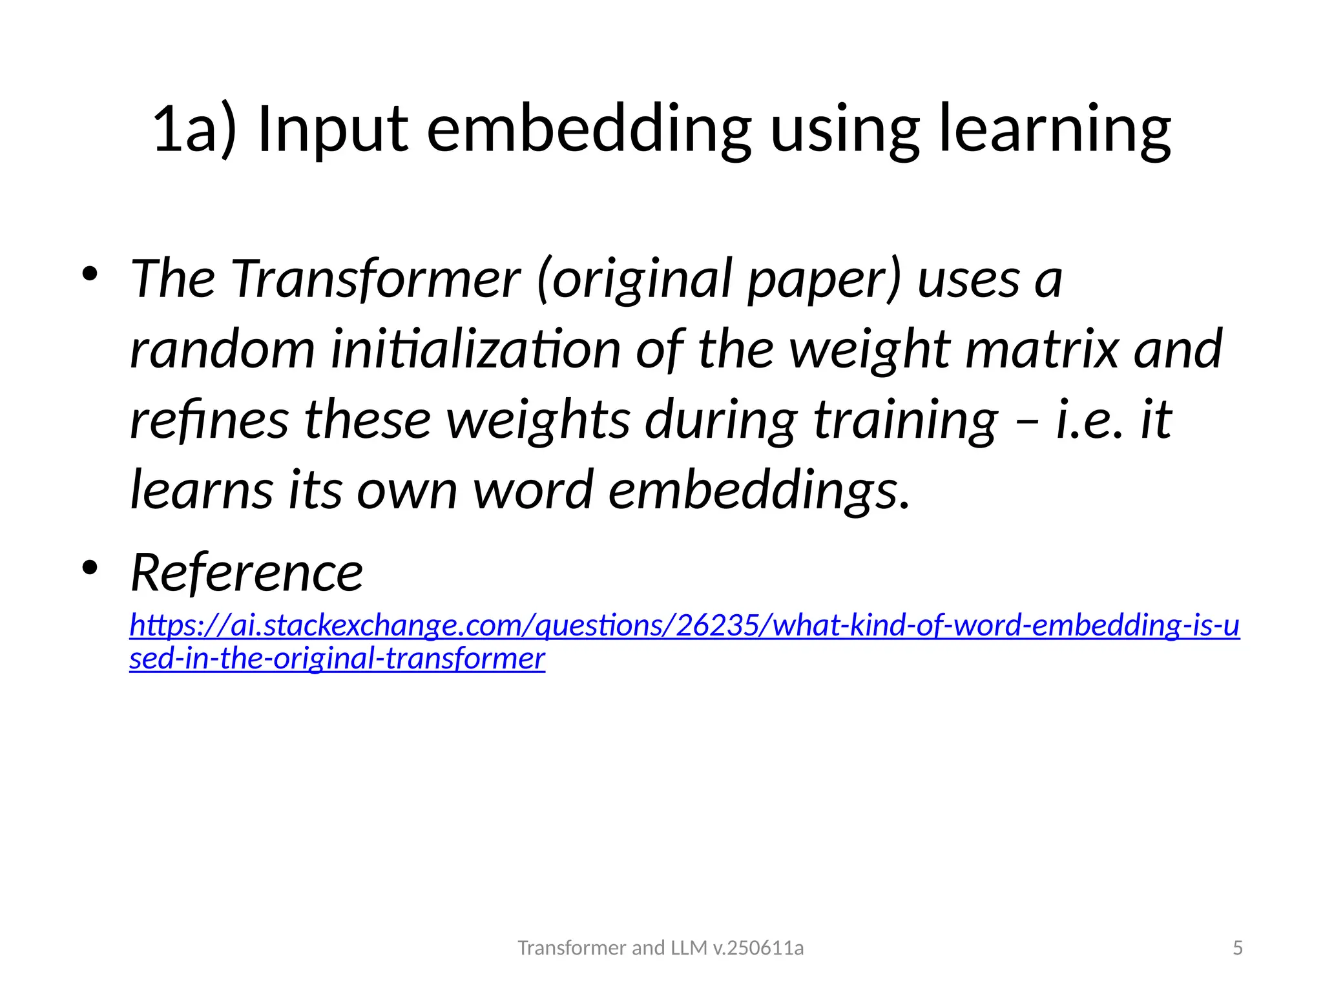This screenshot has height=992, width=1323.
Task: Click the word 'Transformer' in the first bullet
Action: [x=375, y=279]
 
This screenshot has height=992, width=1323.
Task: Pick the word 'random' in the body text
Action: [x=222, y=349]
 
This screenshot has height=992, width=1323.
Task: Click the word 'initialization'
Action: [x=475, y=349]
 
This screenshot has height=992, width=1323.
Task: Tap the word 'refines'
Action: [x=209, y=420]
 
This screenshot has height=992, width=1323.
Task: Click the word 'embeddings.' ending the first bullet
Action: [x=759, y=490]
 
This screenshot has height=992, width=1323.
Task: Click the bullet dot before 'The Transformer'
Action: [x=89, y=274]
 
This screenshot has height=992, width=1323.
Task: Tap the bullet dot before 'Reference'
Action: [x=89, y=568]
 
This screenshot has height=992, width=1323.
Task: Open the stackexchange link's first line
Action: [x=684, y=625]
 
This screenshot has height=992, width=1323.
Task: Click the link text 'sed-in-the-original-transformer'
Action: [x=337, y=659]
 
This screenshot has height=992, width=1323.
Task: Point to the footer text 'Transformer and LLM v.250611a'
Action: [x=660, y=948]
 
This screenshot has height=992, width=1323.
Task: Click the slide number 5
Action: [x=1237, y=948]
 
